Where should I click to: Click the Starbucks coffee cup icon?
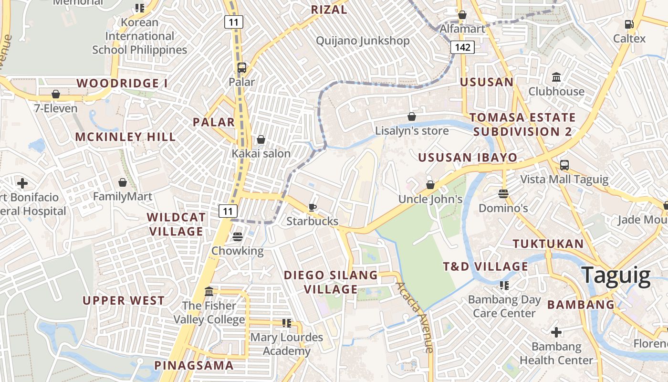pyautogui.click(x=312, y=207)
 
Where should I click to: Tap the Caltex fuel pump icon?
pyautogui.click(x=629, y=24)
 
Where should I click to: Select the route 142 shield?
pyautogui.click(x=462, y=47)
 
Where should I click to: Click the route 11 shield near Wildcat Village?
pyautogui.click(x=228, y=211)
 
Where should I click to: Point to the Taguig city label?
pyautogui.click(x=616, y=276)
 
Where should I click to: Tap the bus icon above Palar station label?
pyautogui.click(x=242, y=68)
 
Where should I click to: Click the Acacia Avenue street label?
pyautogui.click(x=415, y=317)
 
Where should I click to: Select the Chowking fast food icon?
pyautogui.click(x=237, y=237)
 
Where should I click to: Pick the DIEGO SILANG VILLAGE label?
pyautogui.click(x=331, y=282)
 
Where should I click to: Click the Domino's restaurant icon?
pyautogui.click(x=503, y=194)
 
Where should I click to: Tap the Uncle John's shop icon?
pyautogui.click(x=430, y=185)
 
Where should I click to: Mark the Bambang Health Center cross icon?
pyautogui.click(x=556, y=332)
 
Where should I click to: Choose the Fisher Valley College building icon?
pyautogui.click(x=209, y=291)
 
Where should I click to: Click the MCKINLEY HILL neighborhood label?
pyautogui.click(x=125, y=137)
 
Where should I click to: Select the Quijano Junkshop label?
pyautogui.click(x=363, y=41)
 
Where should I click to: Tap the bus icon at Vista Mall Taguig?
pyautogui.click(x=564, y=165)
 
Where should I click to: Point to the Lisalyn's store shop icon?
pyautogui.click(x=411, y=117)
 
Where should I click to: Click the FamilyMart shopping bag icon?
pyautogui.click(x=123, y=182)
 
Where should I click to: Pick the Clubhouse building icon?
pyautogui.click(x=556, y=77)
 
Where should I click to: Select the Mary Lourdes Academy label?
pyautogui.click(x=287, y=344)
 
